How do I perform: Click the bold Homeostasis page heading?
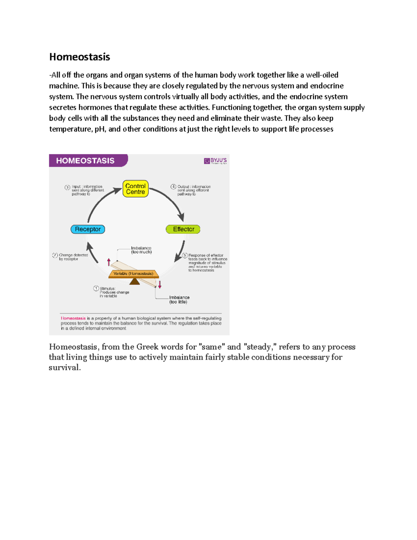[80, 57]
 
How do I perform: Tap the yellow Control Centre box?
[136, 189]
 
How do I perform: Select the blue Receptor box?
[88, 229]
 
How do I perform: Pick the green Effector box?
[183, 229]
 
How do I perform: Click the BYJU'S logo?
[215, 161]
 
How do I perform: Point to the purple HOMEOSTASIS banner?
[87, 161]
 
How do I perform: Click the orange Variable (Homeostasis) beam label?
[133, 274]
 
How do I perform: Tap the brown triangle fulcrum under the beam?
[134, 281]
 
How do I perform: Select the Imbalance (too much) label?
[141, 250]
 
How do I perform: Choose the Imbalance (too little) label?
[179, 300]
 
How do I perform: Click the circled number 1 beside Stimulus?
[96, 288]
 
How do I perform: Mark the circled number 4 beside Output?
[173, 187]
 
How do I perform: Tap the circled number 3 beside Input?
[67, 187]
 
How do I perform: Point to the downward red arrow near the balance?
[160, 285]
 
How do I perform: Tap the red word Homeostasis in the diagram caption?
[73, 318]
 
